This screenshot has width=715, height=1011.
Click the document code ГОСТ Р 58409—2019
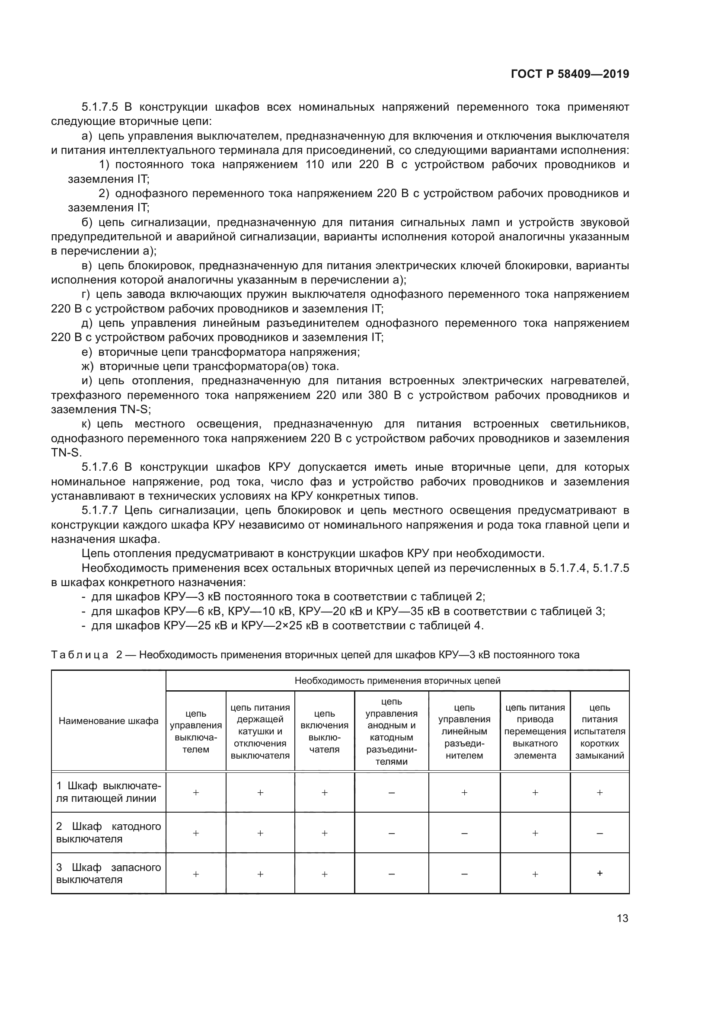(x=570, y=74)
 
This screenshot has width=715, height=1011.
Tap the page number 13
(x=622, y=918)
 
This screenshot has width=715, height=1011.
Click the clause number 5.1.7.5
(x=100, y=107)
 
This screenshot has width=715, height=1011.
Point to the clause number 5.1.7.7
(x=100, y=510)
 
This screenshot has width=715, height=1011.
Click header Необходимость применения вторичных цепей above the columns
(x=397, y=681)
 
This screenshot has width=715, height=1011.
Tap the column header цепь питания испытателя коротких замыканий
(x=600, y=731)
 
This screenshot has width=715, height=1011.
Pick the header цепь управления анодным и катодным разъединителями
(x=391, y=731)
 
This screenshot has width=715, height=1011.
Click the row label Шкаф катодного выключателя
(x=109, y=832)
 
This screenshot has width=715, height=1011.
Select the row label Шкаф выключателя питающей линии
(x=109, y=792)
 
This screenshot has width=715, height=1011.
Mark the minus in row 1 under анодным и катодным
(x=391, y=793)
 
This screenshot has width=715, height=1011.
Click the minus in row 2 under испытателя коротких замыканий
(x=600, y=833)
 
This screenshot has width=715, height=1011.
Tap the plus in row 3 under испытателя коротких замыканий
(x=600, y=874)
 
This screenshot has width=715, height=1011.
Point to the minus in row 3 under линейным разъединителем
(x=464, y=874)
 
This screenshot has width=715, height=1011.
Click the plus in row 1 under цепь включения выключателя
(x=325, y=793)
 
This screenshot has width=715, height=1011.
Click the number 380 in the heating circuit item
(x=378, y=395)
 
